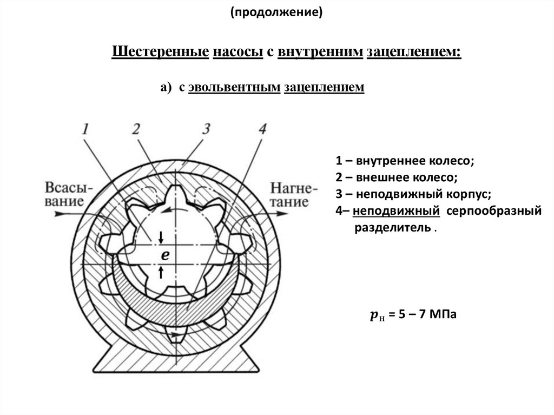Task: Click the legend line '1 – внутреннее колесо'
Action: tap(405, 161)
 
